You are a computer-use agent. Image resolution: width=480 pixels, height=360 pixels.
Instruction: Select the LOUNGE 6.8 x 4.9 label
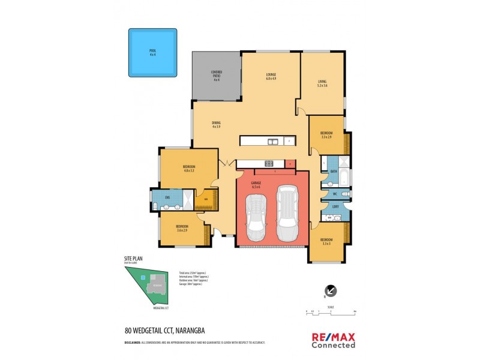coord(271,77)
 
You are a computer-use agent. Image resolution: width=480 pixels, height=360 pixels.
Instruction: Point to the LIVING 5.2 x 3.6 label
coord(323,84)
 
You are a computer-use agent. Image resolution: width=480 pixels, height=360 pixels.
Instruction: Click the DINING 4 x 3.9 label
coord(216,124)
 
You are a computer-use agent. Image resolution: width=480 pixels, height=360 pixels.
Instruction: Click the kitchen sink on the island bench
coord(272,142)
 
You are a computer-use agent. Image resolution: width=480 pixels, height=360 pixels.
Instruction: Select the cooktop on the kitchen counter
coord(269,163)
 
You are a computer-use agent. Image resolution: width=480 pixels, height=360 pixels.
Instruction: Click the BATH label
coord(334,172)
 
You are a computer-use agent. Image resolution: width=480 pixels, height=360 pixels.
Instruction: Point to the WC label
coord(334,194)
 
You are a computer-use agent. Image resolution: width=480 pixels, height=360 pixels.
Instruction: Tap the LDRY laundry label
coord(335,207)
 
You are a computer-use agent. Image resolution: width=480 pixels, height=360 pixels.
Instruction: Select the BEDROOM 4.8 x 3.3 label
coord(189,169)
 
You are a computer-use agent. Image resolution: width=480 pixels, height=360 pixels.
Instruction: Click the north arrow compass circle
coord(330,291)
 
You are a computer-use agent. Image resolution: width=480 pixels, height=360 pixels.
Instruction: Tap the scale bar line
coord(330,314)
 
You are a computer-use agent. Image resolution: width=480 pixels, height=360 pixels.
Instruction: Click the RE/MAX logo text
coord(333,337)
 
